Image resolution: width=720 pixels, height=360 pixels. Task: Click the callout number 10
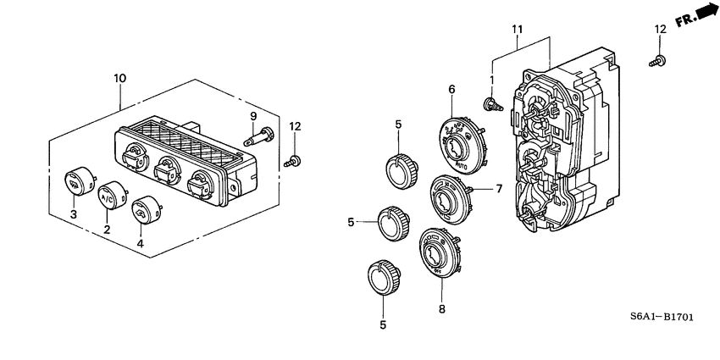pyautogui.click(x=119, y=78)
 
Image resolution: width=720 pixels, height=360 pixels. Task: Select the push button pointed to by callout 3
pyautogui.click(x=78, y=181)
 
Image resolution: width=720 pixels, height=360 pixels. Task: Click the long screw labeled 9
pyautogui.click(x=258, y=134)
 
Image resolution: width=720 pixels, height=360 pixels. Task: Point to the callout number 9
pyautogui.click(x=252, y=115)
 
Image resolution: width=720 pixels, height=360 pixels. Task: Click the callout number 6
pyautogui.click(x=451, y=89)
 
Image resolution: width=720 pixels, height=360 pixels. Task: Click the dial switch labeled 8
pyautogui.click(x=438, y=252)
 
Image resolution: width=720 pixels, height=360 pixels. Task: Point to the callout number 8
pyautogui.click(x=441, y=310)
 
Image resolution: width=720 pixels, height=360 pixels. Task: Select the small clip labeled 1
pyautogui.click(x=491, y=104)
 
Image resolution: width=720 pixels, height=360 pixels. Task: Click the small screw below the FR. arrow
pyautogui.click(x=659, y=60)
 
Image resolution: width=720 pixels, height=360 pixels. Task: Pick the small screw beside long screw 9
pyautogui.click(x=293, y=159)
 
